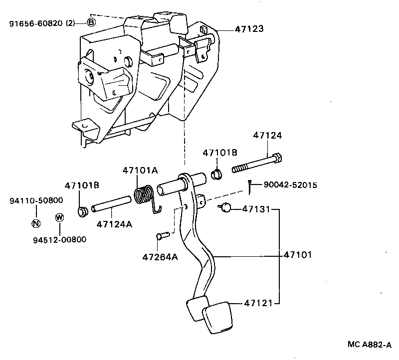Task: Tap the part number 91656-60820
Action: click(x=36, y=22)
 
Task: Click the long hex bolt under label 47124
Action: click(x=258, y=164)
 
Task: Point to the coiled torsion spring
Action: click(x=144, y=194)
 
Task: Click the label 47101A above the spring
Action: click(x=140, y=171)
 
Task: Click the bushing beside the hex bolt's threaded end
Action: click(x=216, y=175)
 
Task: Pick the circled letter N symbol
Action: click(x=35, y=223)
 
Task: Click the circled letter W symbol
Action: click(x=59, y=217)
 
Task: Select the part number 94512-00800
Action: click(x=59, y=239)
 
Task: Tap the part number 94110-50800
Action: click(x=36, y=200)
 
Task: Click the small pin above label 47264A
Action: click(x=161, y=236)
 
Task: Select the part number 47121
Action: click(x=260, y=303)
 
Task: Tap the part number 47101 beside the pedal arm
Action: click(x=298, y=255)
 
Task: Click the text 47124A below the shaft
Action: click(x=114, y=224)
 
